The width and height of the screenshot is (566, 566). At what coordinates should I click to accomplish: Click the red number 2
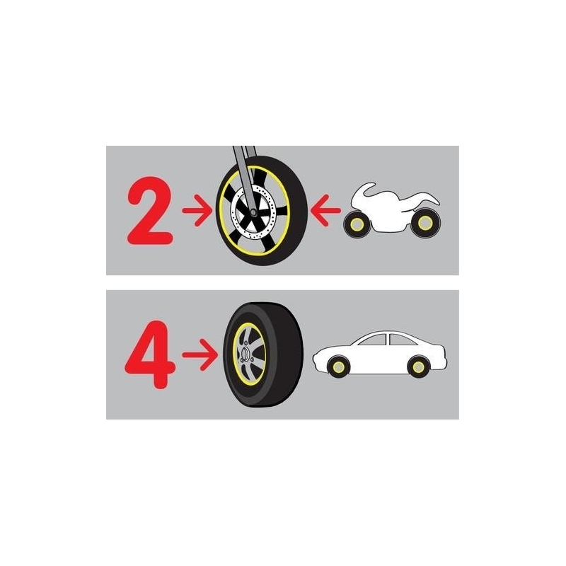coord(150,210)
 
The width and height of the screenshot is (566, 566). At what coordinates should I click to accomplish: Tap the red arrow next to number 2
coord(197,210)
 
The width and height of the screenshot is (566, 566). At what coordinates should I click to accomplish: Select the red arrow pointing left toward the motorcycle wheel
coord(325,210)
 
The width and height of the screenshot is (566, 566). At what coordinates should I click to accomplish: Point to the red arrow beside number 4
coord(200,355)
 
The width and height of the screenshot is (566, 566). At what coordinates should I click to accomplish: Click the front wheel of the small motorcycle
coord(357,224)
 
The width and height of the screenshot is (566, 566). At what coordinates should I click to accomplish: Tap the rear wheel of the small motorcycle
coord(425,223)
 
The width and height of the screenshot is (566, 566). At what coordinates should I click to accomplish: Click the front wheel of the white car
coord(339,366)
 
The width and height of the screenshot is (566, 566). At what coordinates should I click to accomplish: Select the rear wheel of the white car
coord(418,366)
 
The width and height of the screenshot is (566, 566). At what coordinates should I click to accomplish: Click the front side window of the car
coord(374,340)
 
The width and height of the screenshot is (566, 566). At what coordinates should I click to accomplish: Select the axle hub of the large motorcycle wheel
coord(253,212)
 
